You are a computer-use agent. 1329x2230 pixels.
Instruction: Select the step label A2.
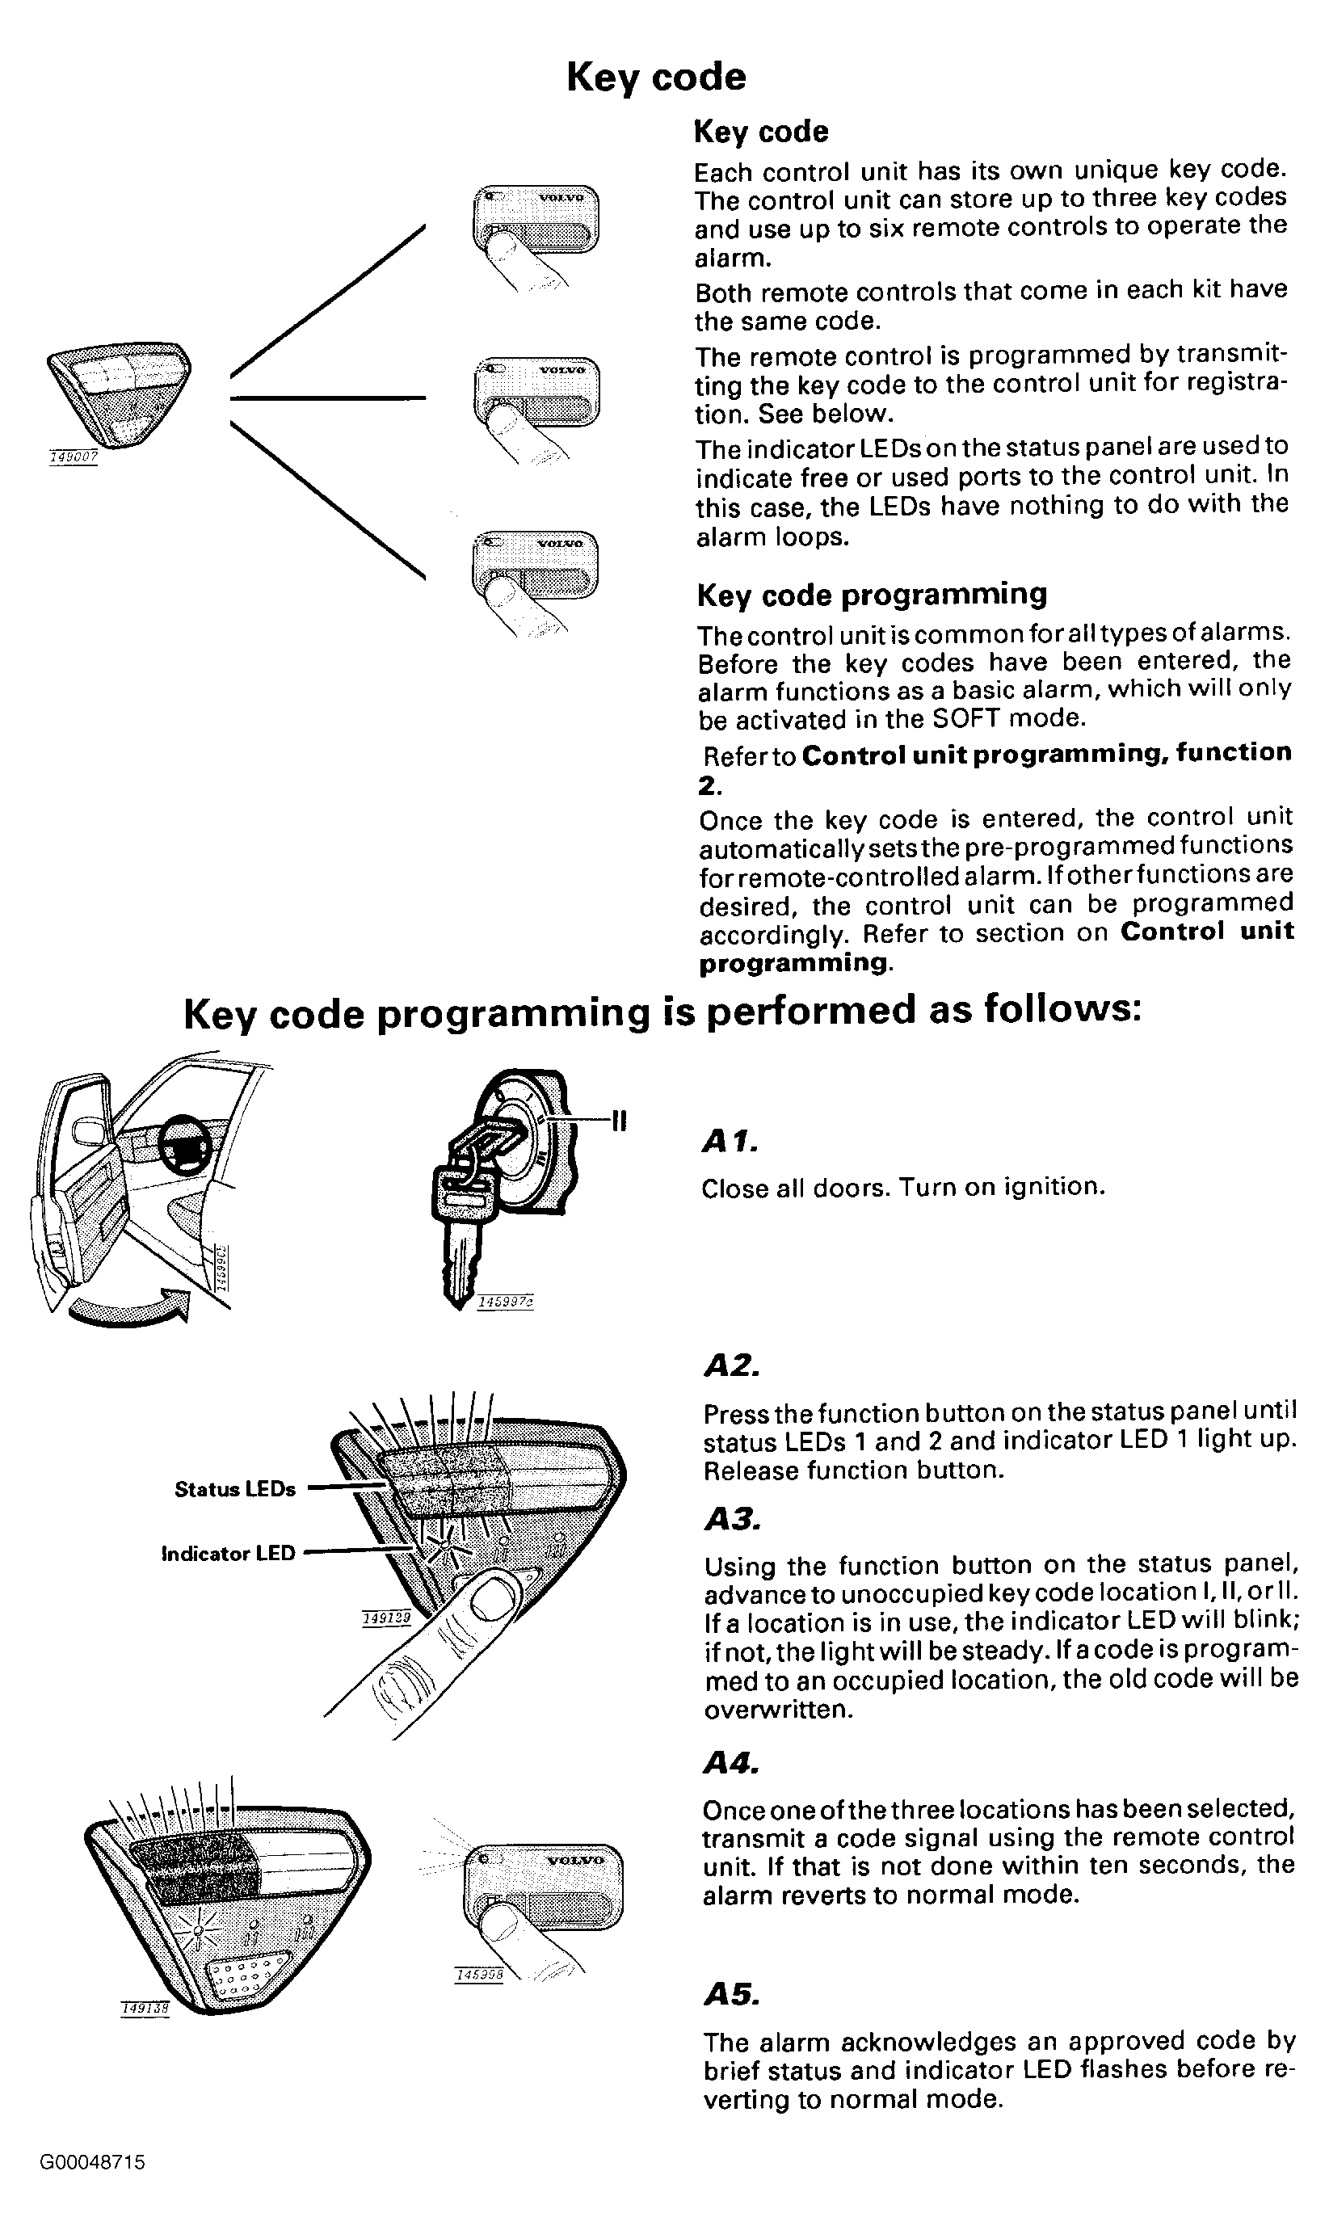[x=732, y=1365]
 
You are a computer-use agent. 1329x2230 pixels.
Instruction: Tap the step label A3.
[x=732, y=1519]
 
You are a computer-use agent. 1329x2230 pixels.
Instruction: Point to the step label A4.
[x=732, y=1764]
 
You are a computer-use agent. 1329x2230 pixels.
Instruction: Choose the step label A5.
[x=732, y=1994]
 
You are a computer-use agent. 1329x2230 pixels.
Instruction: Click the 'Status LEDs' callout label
[x=234, y=1489]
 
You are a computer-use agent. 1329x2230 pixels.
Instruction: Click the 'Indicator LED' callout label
[x=229, y=1554]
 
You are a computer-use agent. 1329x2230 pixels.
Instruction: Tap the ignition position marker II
[x=618, y=1120]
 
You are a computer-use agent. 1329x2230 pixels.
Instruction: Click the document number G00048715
[x=92, y=2163]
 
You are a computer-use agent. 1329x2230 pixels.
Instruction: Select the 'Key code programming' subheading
[x=872, y=595]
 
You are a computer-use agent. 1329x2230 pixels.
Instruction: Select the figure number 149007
[x=74, y=457]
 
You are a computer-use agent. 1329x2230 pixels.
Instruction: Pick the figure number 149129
[x=387, y=1618]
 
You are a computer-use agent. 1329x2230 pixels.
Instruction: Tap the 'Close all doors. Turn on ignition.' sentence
[x=902, y=1188]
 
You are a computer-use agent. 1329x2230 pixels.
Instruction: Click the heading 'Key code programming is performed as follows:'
[x=662, y=1013]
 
